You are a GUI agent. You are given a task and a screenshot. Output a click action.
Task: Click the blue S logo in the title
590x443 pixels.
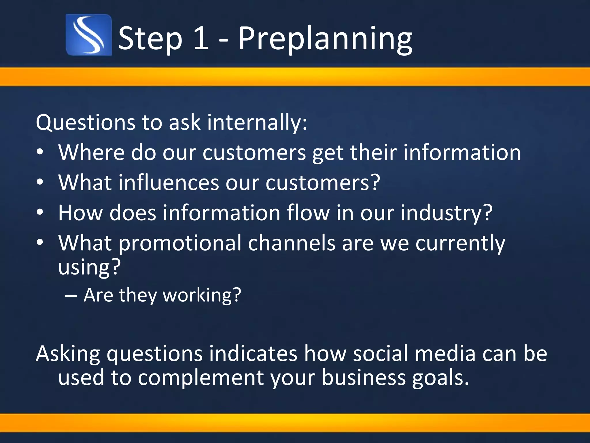point(88,35)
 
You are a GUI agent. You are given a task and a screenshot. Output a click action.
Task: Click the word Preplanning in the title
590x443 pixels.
point(325,39)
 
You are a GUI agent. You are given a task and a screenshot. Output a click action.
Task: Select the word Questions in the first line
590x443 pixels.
point(85,123)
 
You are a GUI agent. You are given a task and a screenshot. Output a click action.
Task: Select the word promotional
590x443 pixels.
point(180,243)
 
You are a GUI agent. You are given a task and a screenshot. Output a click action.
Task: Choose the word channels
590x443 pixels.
point(292,243)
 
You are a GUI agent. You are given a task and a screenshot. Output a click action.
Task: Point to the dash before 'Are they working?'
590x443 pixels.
point(71,296)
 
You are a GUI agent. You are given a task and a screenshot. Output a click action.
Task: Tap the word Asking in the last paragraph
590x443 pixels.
point(68,354)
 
